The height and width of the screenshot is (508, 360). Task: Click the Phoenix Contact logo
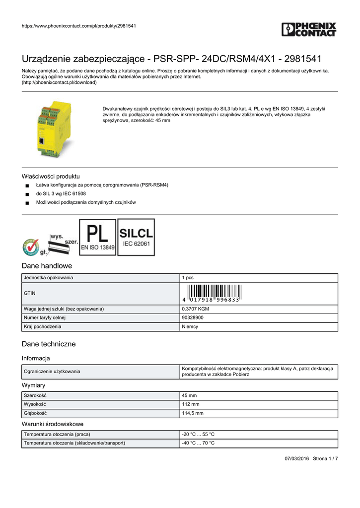click(308, 29)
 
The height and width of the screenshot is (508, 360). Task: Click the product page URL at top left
click(79, 26)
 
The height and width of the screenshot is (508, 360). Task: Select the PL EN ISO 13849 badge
click(98, 237)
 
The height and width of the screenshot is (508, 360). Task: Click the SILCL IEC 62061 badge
click(136, 237)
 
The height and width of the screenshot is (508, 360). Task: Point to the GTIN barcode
click(211, 294)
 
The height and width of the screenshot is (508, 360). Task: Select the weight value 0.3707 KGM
click(196, 309)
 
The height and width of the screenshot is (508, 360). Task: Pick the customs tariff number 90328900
click(192, 317)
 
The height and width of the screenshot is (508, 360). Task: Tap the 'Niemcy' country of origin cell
click(190, 326)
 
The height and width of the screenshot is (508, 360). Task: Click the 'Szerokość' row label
click(35, 395)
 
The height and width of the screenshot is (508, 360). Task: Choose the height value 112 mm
click(191, 404)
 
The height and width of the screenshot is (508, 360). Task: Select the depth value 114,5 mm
click(193, 413)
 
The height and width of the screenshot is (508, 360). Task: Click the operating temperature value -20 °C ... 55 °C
click(198, 434)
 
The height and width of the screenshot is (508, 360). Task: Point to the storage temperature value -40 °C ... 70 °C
click(198, 443)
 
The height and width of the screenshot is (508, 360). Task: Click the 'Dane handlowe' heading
click(47, 266)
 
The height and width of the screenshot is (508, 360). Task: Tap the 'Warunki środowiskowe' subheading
click(53, 424)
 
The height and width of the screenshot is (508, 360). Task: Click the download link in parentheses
click(59, 82)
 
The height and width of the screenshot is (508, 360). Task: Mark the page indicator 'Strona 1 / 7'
click(325, 458)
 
